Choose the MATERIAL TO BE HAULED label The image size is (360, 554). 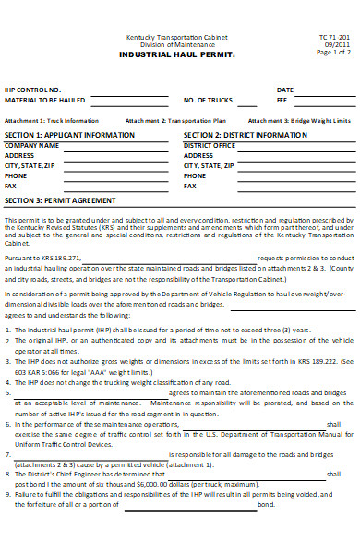click(x=47, y=100)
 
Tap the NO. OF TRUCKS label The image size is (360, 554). click(x=208, y=100)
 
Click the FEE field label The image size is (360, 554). click(x=282, y=100)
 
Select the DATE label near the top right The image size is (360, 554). click(x=285, y=90)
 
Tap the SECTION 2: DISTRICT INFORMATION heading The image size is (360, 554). click(x=246, y=135)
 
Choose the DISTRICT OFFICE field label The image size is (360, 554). click(x=210, y=145)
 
